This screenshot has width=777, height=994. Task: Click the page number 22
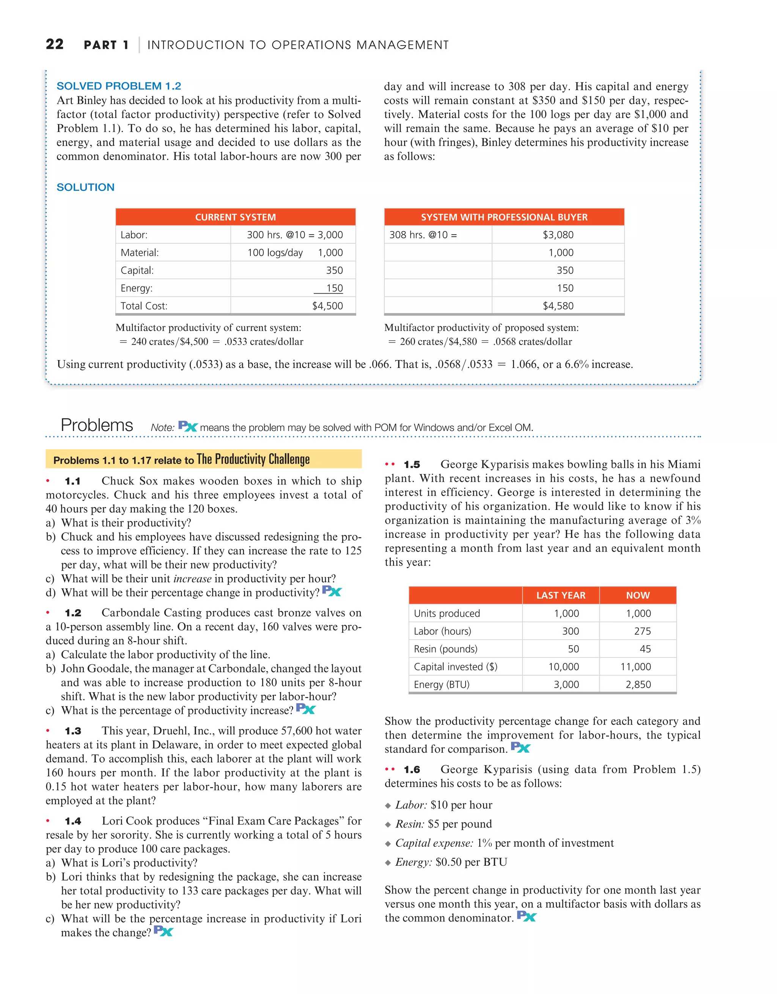55,44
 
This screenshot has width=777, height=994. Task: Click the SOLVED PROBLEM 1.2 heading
119,86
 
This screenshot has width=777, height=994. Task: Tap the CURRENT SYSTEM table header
235,217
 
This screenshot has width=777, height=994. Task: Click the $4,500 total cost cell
327,306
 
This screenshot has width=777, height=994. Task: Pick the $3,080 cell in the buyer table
558,235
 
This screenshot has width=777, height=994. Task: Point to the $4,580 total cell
558,306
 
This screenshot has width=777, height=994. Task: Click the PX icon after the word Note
187,426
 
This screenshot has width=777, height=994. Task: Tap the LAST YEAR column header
561,595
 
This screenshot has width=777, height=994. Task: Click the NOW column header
638,595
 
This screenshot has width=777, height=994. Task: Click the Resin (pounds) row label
446,649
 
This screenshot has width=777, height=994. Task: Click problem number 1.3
73,731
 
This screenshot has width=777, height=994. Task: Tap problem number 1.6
412,770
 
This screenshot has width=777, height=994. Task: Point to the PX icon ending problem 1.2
305,709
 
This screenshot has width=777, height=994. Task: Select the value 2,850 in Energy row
638,684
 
